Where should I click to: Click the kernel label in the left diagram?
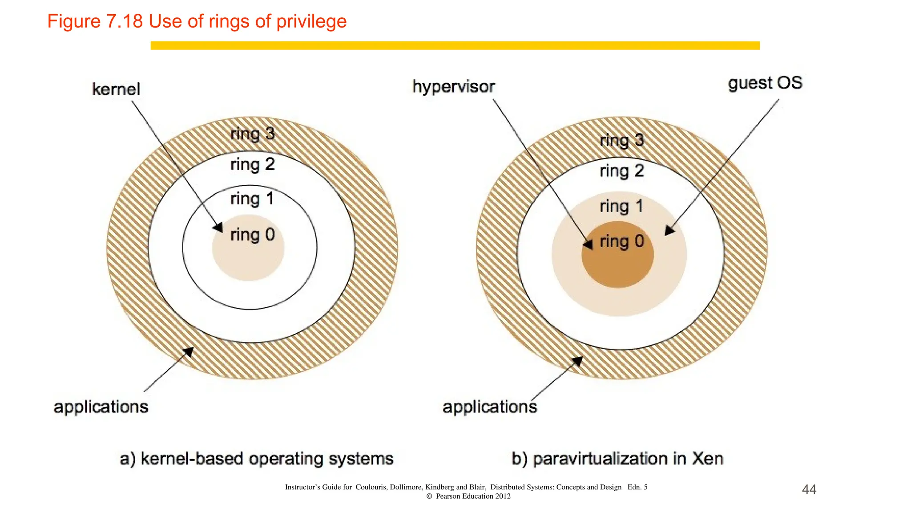coord(116,89)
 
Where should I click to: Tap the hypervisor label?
coord(453,87)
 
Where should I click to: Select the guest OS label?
coord(765,83)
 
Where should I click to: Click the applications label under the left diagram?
coord(101,407)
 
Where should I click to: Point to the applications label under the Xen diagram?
coord(490,407)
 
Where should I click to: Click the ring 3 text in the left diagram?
coord(253,134)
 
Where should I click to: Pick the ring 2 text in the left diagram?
coord(253,165)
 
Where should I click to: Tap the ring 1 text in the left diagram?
coord(252,199)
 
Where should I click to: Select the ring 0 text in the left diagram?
coord(253,235)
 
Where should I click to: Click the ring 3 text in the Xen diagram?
coord(622,140)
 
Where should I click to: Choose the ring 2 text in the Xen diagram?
coord(622,171)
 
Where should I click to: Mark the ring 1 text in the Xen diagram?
coord(621,206)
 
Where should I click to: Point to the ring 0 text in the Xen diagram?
coord(622,241)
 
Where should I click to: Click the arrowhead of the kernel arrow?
coord(218,228)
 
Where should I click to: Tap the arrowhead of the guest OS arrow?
coord(669,231)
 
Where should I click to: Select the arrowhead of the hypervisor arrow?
coord(589,244)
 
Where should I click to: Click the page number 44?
coord(809,489)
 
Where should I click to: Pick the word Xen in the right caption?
coord(707,459)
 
